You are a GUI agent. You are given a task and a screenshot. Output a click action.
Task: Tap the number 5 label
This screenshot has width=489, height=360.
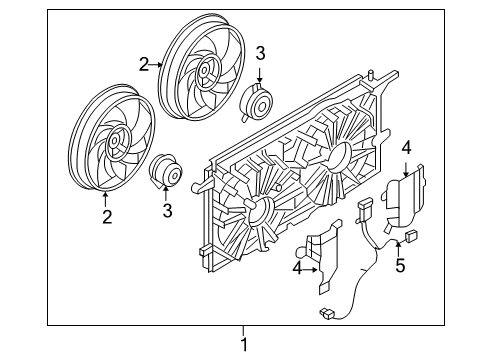[400, 267]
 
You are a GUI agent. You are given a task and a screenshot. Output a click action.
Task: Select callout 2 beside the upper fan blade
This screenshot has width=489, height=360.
[145, 65]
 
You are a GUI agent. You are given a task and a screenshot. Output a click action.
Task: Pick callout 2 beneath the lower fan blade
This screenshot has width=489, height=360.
[105, 213]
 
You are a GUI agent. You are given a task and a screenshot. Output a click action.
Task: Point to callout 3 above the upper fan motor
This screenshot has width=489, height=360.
[260, 54]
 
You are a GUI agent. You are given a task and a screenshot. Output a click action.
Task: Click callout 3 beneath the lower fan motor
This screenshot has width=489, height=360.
[167, 210]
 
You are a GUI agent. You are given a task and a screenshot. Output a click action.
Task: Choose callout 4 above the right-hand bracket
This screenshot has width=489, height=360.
[406, 148]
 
